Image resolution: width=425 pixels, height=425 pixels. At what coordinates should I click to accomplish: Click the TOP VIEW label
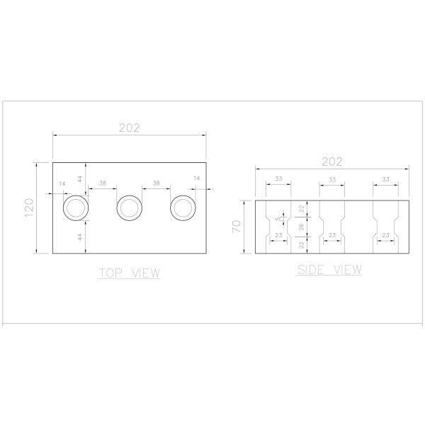129,273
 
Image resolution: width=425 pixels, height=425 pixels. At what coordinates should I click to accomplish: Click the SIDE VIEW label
329,269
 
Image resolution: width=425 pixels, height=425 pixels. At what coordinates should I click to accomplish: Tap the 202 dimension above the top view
129,127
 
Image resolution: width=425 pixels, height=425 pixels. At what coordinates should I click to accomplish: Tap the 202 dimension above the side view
331,161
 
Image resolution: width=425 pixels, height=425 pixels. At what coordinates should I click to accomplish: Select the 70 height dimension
237,227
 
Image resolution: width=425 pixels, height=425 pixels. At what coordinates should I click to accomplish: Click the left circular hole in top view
76,208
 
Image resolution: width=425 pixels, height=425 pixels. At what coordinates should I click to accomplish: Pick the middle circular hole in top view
129,208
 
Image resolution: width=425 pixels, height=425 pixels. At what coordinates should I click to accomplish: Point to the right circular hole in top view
183,208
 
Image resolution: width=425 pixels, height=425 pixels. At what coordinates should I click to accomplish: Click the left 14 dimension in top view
62,183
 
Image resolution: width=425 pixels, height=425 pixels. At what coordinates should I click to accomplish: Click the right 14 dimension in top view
196,178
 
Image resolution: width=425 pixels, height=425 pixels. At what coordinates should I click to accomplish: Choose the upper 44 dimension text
81,178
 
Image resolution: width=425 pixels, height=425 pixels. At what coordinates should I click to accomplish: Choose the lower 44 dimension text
81,237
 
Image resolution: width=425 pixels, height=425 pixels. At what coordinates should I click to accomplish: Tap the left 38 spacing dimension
103,183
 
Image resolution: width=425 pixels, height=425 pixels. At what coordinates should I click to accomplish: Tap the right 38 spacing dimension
156,183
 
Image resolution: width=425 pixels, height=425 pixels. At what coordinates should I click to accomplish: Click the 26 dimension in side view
300,227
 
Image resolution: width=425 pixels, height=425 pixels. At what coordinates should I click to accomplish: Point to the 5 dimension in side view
278,218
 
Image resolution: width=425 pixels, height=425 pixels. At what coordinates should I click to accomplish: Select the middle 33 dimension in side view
331,179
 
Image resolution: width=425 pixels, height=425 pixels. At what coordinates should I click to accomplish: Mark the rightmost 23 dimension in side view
386,234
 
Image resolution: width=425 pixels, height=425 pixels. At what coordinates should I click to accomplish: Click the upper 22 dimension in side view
300,208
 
